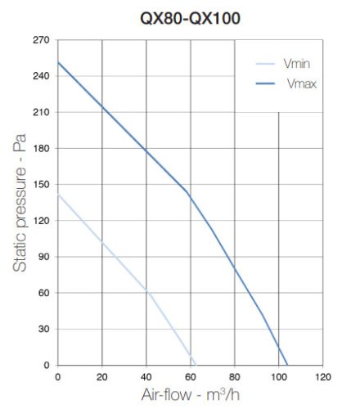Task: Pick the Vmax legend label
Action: [x=300, y=83]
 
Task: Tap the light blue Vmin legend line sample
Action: [x=267, y=64]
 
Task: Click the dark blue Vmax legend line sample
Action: [x=267, y=83]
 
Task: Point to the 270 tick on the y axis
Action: [x=41, y=40]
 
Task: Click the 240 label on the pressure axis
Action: [x=41, y=76]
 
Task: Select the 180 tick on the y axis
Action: [x=41, y=148]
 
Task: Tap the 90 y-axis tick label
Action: [x=43, y=257]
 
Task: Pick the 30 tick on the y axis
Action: [x=43, y=329]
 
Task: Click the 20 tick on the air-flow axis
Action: [x=101, y=377]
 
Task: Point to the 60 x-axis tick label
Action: [x=190, y=377]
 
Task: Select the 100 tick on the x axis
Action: [x=278, y=377]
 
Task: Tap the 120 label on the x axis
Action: [x=322, y=377]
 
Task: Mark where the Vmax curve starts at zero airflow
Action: [x=57, y=62]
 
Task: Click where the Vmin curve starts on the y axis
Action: [x=57, y=195]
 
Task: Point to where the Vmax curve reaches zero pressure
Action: [x=287, y=365]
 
